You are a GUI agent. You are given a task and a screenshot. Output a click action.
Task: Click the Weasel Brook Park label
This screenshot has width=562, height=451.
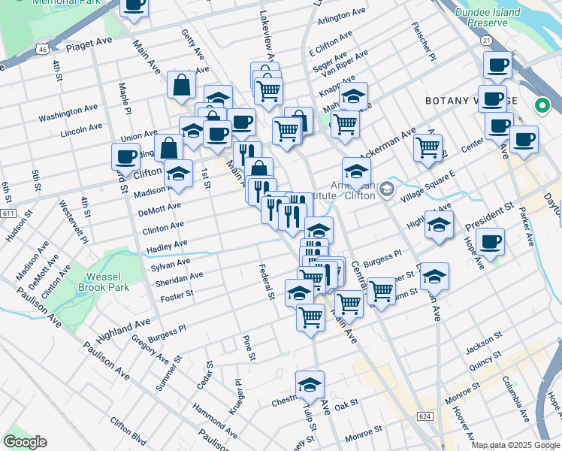(x=102, y=282)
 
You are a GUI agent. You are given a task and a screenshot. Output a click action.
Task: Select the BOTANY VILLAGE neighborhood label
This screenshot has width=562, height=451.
(x=471, y=101)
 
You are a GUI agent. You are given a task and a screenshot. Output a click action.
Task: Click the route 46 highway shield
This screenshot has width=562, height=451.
(x=43, y=50)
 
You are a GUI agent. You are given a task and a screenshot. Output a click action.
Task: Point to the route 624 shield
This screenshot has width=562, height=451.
(x=425, y=416)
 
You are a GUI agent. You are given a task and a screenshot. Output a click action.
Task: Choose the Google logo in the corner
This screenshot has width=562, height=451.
(x=25, y=442)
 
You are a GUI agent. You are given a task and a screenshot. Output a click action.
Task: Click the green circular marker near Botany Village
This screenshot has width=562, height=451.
(x=540, y=107)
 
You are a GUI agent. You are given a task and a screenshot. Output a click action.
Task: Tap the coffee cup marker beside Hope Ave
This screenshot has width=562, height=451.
(x=490, y=242)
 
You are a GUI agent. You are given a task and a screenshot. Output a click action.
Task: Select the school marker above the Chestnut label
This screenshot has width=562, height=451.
(x=310, y=385)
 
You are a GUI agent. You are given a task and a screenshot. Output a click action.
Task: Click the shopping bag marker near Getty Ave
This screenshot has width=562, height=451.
(x=182, y=85)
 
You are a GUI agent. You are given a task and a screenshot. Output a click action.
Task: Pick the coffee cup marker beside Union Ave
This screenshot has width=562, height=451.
(x=126, y=156)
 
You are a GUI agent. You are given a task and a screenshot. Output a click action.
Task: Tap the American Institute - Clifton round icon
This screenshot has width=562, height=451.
(x=386, y=189)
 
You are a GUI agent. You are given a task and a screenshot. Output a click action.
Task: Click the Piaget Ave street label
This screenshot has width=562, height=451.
(x=88, y=46)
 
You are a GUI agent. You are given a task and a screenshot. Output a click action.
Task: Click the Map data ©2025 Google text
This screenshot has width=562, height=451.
(x=515, y=445)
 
